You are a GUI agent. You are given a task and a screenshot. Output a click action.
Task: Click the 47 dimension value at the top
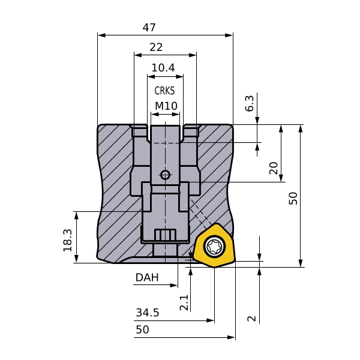click(149, 28)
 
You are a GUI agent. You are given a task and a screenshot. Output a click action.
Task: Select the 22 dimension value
click(156, 47)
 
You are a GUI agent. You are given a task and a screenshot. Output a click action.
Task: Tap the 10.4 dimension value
click(163, 68)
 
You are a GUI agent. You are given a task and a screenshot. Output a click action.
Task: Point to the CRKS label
click(164, 91)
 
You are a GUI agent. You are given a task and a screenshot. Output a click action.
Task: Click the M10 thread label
click(166, 106)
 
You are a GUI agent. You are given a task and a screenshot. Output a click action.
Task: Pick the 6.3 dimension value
click(250, 103)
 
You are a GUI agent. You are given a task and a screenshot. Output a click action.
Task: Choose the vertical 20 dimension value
click(274, 169)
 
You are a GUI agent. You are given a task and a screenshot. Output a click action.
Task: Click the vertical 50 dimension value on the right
click(293, 199)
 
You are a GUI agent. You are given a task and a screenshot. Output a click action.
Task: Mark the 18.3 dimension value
click(67, 240)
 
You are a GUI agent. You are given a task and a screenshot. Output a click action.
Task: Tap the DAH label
click(147, 277)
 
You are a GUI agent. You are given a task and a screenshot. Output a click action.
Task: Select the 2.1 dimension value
click(184, 302)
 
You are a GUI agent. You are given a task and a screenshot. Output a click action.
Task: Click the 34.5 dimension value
click(148, 313)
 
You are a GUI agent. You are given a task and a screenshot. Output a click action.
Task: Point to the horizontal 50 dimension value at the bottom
click(142, 329)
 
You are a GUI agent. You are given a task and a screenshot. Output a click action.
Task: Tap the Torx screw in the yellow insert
click(214, 246)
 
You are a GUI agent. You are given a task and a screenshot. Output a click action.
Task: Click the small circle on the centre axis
click(165, 175)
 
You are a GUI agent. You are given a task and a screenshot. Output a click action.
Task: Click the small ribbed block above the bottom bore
click(165, 235)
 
